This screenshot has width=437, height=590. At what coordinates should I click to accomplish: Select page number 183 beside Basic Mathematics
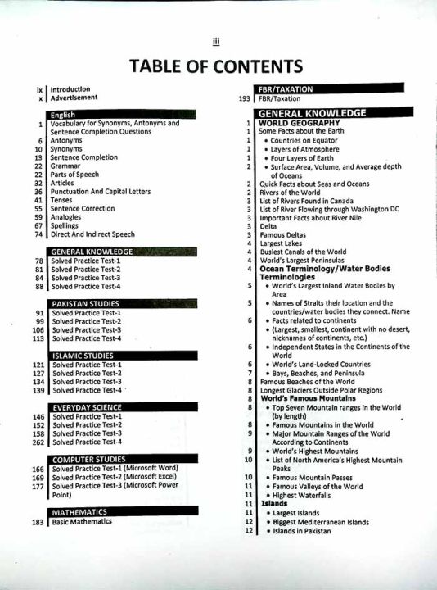pos(38,521)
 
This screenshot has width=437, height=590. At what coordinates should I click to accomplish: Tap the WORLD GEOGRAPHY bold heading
pos(295,123)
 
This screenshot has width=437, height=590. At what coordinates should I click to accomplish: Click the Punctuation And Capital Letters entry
pos(100,192)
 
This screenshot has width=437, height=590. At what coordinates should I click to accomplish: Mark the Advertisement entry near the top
pos(74,98)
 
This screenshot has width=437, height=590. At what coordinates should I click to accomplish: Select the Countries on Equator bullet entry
pos(307,140)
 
